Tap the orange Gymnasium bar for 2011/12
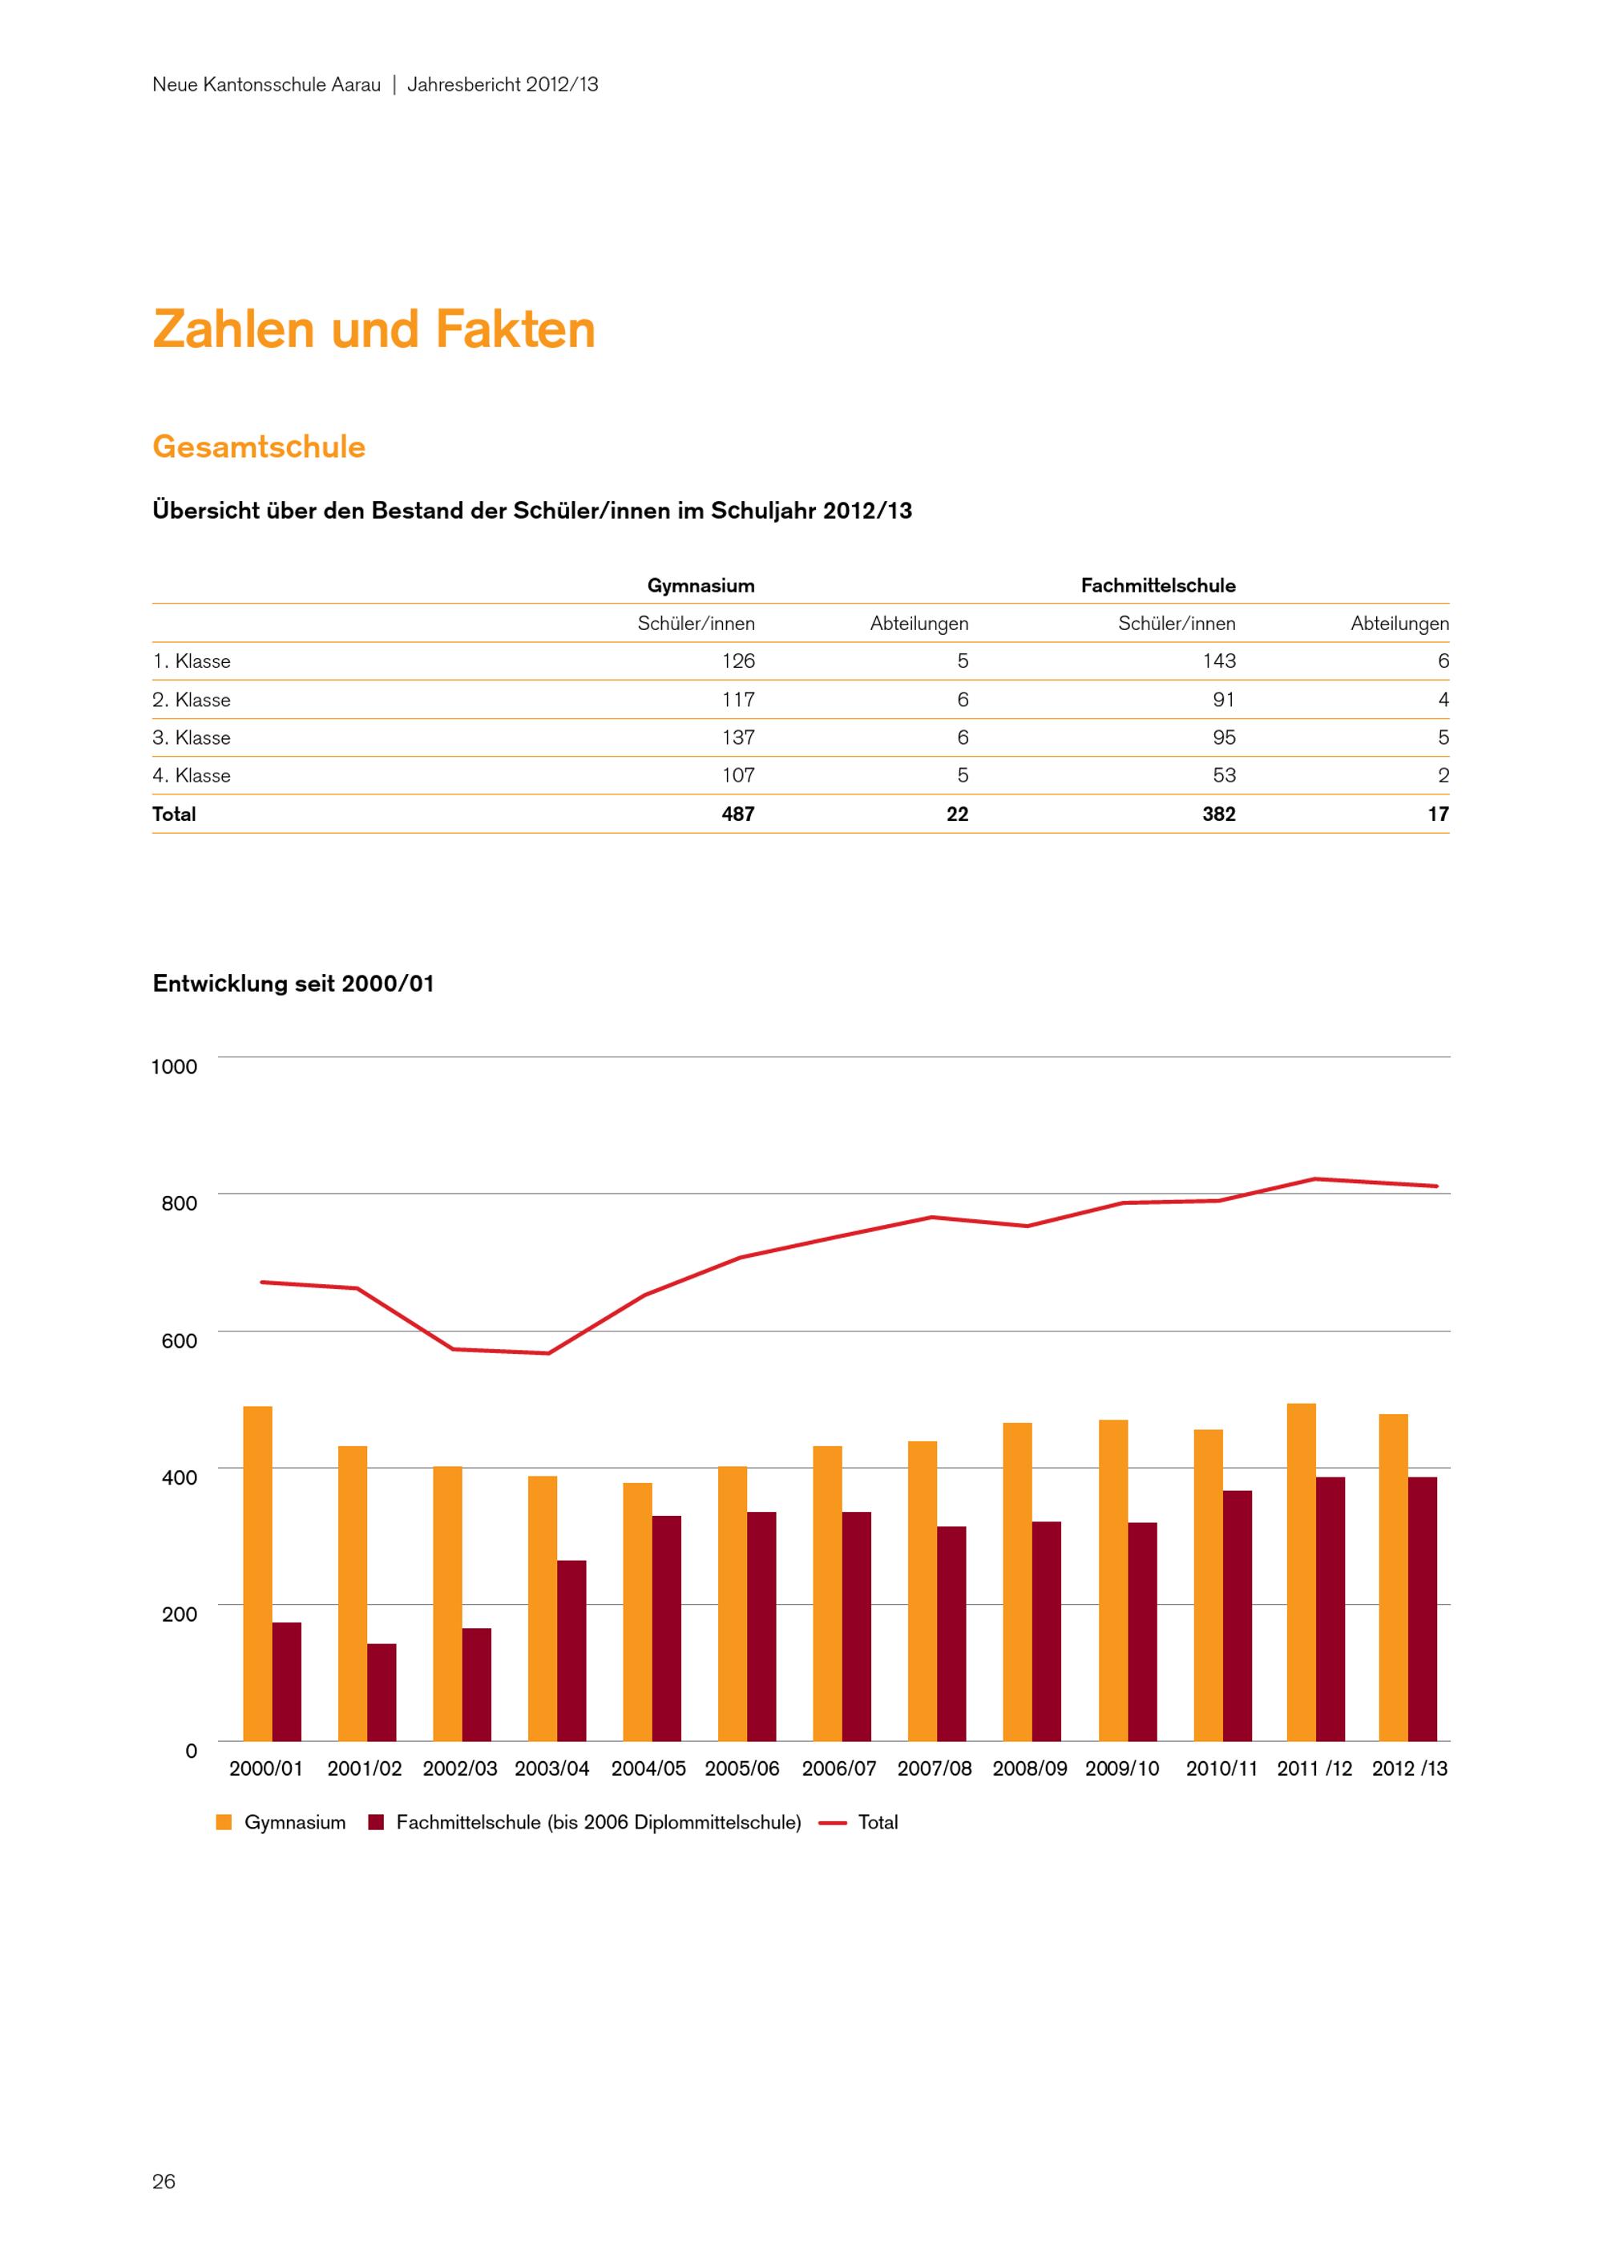(x=1301, y=1572)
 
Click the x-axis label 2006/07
(x=839, y=1768)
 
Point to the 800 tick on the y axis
(x=179, y=1202)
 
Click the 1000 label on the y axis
(x=174, y=1066)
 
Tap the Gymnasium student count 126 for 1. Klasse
(x=738, y=661)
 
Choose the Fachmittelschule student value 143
(x=1219, y=661)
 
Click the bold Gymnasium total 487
(x=738, y=814)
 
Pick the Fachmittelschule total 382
(x=1219, y=814)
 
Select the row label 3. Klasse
(x=192, y=737)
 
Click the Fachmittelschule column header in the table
(x=1158, y=585)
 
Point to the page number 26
(x=164, y=2181)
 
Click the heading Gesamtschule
(x=259, y=447)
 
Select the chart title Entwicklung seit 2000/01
(x=293, y=984)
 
